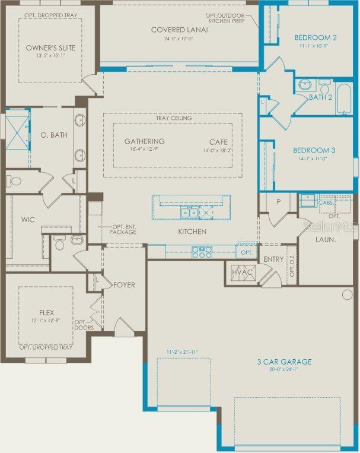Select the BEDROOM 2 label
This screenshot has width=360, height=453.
click(x=316, y=38)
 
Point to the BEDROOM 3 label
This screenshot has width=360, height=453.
click(x=314, y=150)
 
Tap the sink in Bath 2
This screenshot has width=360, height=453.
click(x=304, y=84)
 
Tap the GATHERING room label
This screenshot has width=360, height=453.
click(x=144, y=141)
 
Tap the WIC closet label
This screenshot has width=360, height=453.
click(x=28, y=220)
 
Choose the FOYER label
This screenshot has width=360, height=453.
click(x=124, y=285)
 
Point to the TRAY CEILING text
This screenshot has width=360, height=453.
click(x=174, y=118)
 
